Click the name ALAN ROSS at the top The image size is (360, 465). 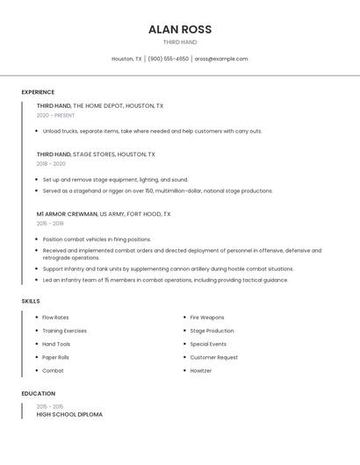point(180,29)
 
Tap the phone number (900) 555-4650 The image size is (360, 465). point(168,59)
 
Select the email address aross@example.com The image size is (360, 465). point(221,59)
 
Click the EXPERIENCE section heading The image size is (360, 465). point(38,92)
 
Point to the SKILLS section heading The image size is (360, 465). point(31,301)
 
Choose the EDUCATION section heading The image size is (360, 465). point(39,394)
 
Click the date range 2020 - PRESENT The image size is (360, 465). point(55,115)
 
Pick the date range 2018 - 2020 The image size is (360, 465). point(51,163)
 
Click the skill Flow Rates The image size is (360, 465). point(55,318)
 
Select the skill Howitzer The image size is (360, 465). point(201,370)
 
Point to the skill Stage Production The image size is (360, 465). point(212,331)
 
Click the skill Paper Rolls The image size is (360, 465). point(55,357)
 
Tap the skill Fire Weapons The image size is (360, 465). point(207,318)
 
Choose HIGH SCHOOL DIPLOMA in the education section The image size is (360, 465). point(69,414)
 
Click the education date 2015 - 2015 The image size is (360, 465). point(49,406)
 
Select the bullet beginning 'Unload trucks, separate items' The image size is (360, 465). point(152,131)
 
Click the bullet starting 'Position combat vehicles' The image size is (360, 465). point(97,239)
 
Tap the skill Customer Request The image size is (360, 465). point(213,357)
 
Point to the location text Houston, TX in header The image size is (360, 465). point(126,59)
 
